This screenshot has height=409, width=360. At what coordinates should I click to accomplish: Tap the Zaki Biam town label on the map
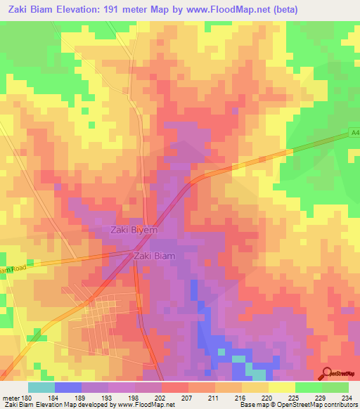(154, 257)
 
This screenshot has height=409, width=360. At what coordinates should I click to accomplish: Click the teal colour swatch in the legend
(41, 387)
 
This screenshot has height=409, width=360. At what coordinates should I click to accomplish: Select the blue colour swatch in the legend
(68, 387)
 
